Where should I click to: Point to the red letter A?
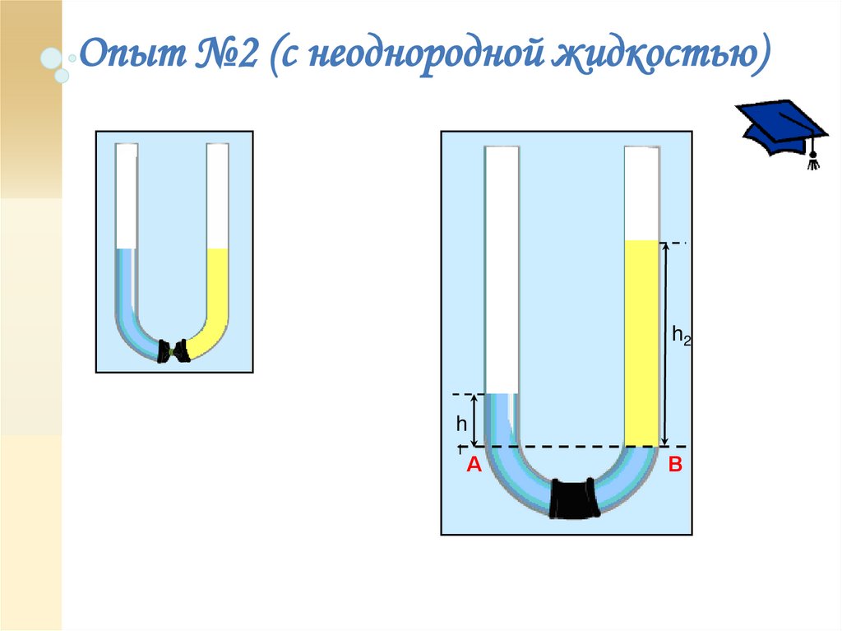[x=473, y=466]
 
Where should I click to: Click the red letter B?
[x=675, y=466]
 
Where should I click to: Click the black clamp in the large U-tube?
[x=575, y=499]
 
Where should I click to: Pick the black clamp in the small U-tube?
[x=174, y=350]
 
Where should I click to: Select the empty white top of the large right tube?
[x=641, y=193]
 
